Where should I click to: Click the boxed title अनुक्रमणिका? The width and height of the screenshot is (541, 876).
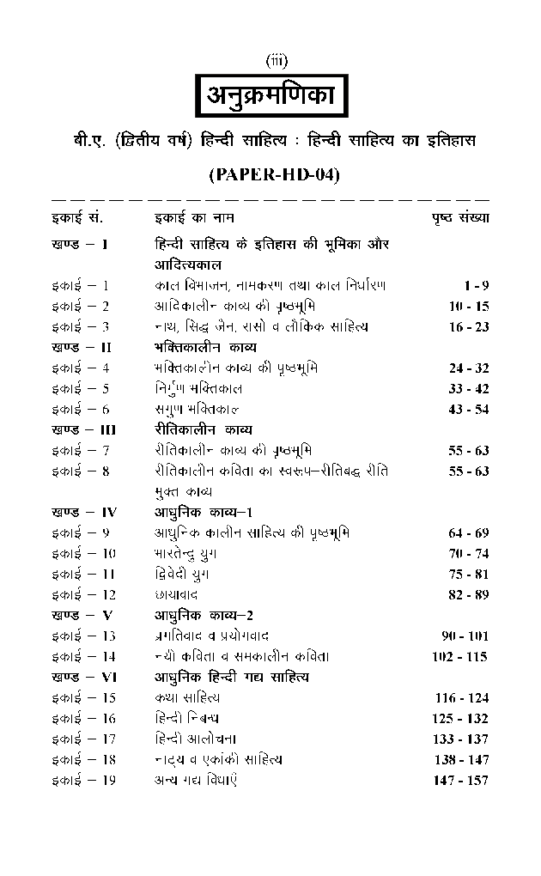(274, 96)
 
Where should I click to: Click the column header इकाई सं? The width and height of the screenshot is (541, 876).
(77, 218)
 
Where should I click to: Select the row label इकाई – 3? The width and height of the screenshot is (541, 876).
(81, 326)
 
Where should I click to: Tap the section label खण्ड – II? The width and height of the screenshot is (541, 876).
(82, 347)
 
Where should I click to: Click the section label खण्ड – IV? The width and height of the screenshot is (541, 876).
(84, 513)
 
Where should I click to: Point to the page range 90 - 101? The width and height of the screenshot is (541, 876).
(465, 636)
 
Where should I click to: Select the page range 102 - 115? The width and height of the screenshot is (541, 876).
(459, 657)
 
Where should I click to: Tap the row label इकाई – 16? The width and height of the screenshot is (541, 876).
(83, 718)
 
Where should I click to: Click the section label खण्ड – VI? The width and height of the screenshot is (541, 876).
(84, 678)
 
